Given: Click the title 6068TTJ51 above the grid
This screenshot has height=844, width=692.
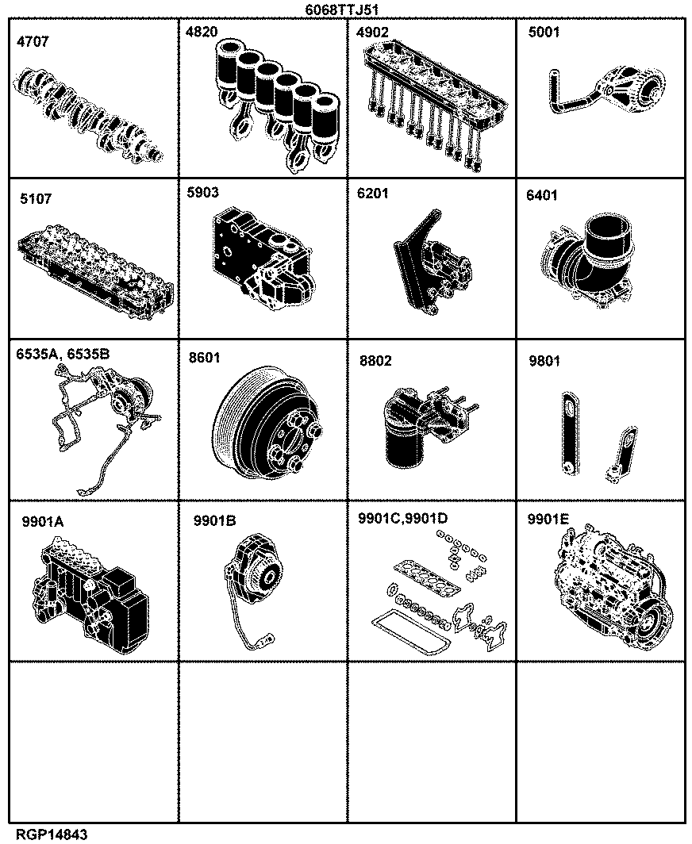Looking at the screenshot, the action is [345, 10].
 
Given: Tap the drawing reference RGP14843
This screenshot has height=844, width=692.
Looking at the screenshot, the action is [52, 834].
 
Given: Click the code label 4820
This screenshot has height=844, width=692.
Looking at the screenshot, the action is [202, 32].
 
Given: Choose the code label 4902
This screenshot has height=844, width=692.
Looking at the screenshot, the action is [372, 33].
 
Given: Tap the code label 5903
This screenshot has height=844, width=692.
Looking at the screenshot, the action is [202, 192].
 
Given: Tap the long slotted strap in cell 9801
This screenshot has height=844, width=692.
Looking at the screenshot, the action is [569, 433].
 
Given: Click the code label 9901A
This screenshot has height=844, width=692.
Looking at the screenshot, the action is [43, 522].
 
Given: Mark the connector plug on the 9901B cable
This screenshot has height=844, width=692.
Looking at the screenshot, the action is [265, 640].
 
